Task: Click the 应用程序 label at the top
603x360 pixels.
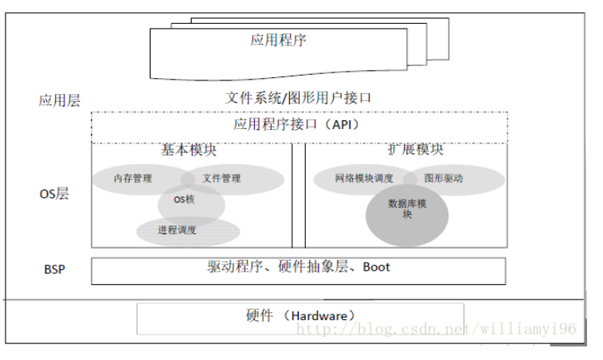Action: click(x=278, y=39)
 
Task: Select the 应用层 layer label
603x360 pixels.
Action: click(x=60, y=101)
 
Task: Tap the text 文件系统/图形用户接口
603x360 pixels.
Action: click(x=299, y=98)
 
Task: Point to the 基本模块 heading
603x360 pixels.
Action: click(x=189, y=150)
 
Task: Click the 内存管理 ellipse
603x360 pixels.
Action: click(x=132, y=178)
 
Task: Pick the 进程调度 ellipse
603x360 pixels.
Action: click(x=177, y=230)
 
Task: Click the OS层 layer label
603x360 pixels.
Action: click(x=54, y=194)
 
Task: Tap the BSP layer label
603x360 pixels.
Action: click(x=55, y=269)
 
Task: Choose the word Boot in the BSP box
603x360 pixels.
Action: click(x=376, y=267)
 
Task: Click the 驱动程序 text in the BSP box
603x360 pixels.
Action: click(x=235, y=267)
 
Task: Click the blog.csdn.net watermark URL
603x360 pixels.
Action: click(x=433, y=328)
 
